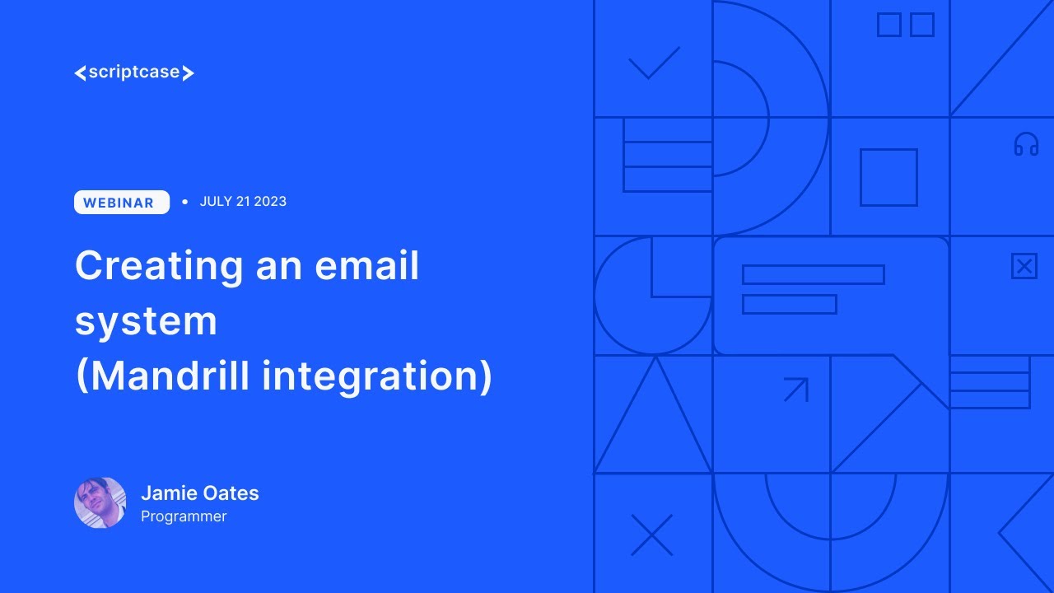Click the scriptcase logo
tap(134, 72)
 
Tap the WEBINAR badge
tap(121, 203)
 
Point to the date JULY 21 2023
tap(243, 202)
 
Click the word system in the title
tap(146, 321)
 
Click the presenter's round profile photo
tap(100, 502)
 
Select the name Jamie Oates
tap(200, 493)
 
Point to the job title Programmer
tap(184, 516)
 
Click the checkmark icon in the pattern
tap(654, 63)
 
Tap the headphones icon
tap(1026, 145)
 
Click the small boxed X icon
tap(1024, 266)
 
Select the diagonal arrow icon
tap(796, 389)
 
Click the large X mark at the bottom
tap(651, 535)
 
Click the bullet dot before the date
tap(184, 202)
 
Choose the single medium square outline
tap(888, 177)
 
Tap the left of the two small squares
tap(888, 25)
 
